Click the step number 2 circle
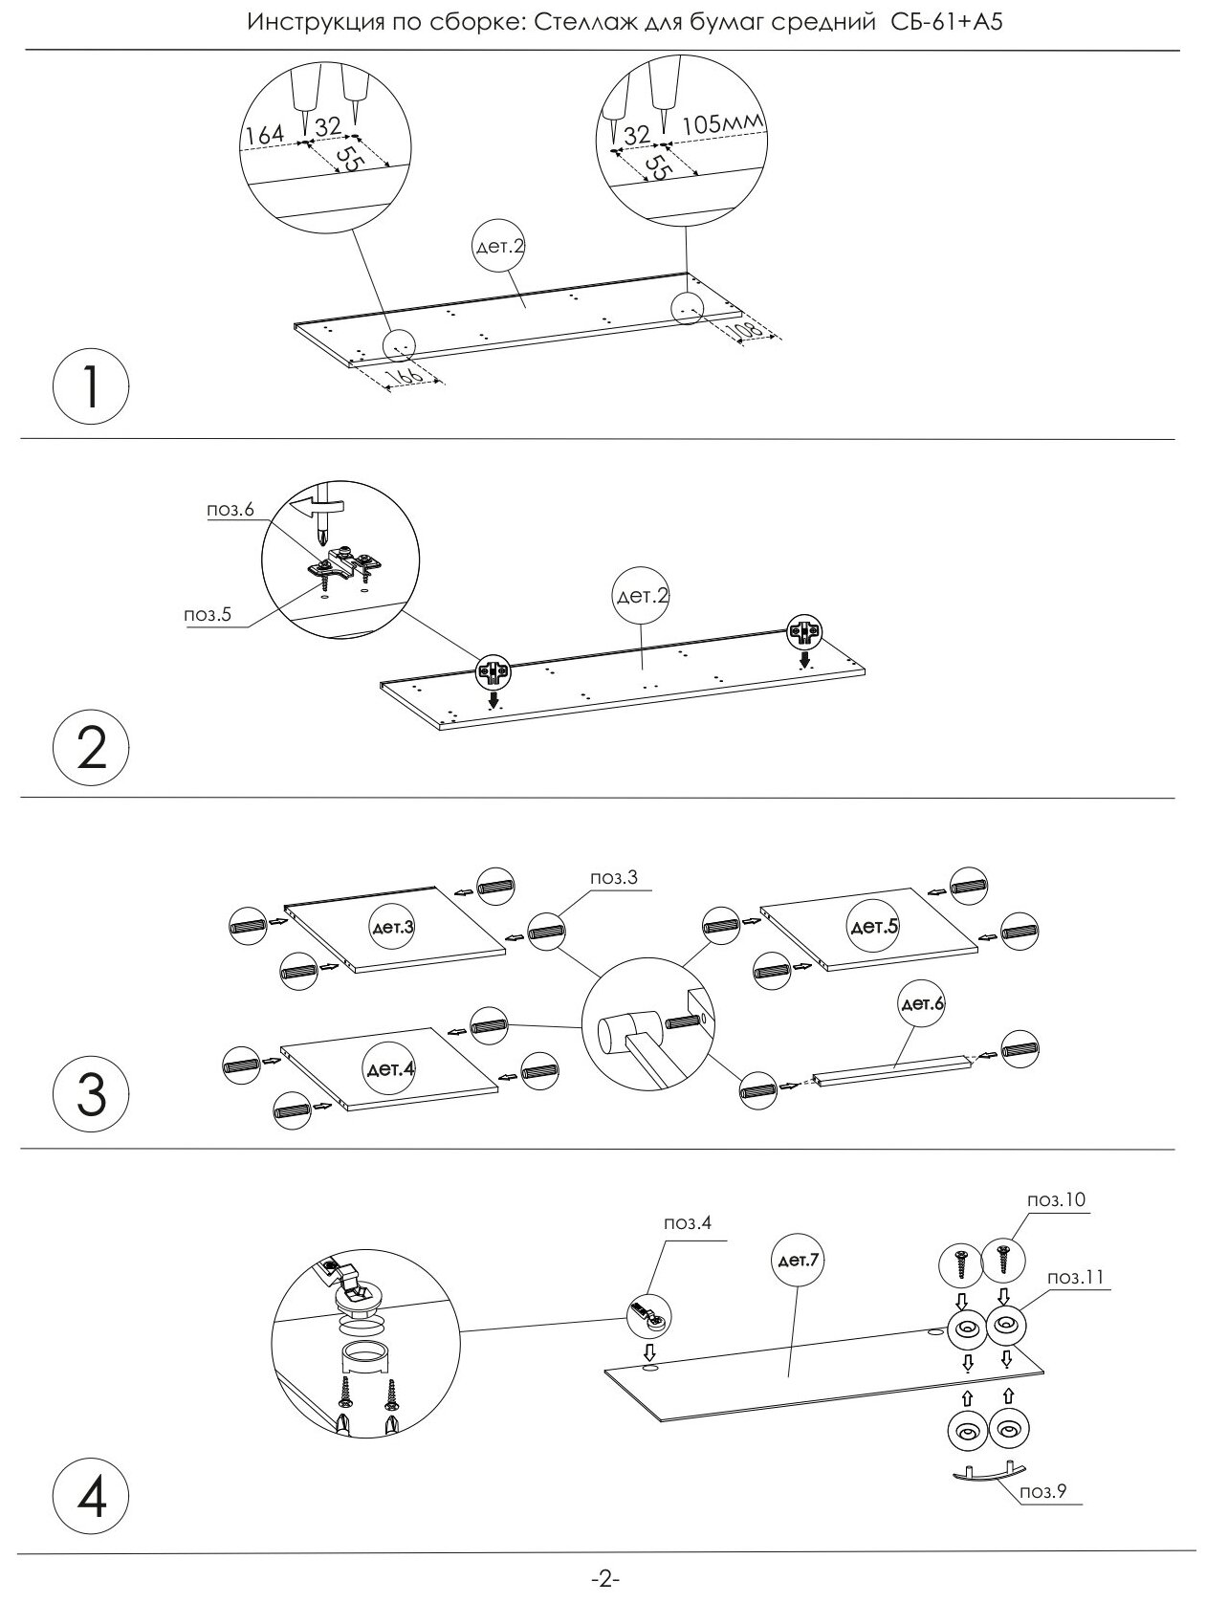tap(90, 749)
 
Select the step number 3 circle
tap(90, 1094)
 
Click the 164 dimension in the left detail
tap(265, 135)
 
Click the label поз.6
tap(230, 510)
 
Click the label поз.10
tap(1056, 1199)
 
